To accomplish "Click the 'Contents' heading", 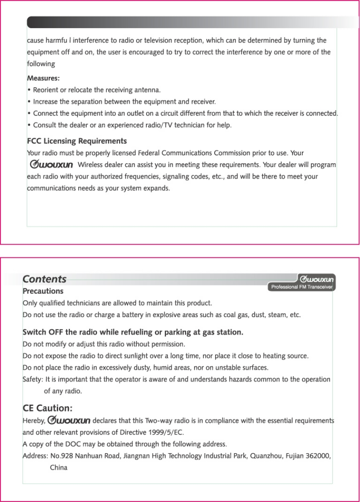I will (x=44, y=279).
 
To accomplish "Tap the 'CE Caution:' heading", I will (x=47, y=408).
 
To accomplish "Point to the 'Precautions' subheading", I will (x=43, y=291).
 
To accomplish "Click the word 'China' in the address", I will (x=59, y=468).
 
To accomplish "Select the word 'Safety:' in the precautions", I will (x=33, y=379).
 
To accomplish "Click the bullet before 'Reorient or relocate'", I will (x=29, y=90).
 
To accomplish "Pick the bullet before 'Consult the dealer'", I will (x=29, y=125).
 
